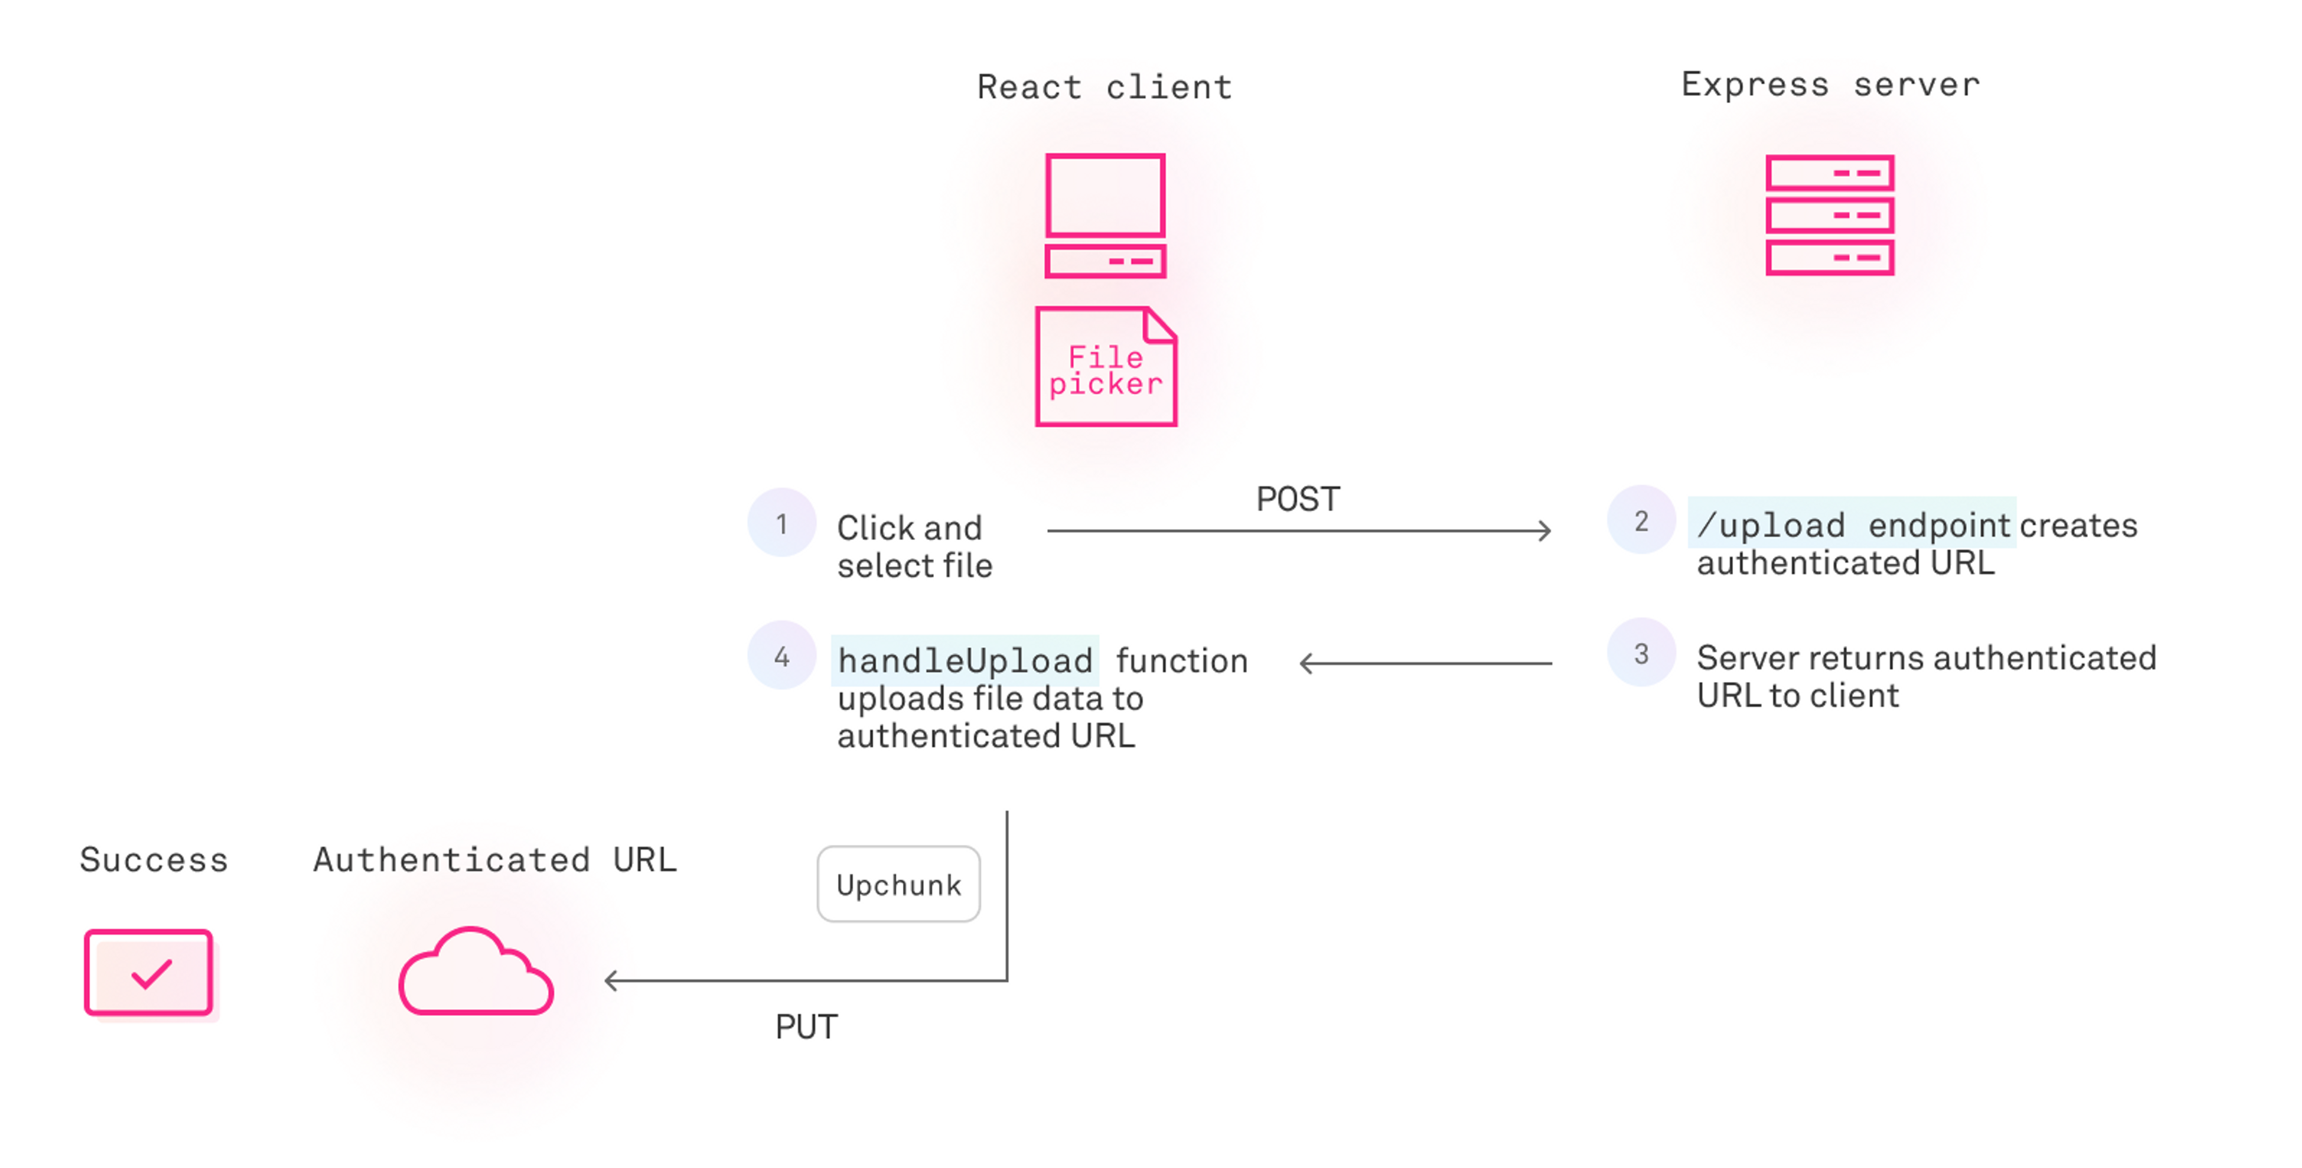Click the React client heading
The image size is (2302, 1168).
[1104, 87]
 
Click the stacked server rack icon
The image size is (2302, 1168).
[1829, 215]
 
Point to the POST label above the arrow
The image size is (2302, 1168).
[1297, 499]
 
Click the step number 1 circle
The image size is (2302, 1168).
[782, 524]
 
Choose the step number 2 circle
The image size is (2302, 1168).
[1641, 521]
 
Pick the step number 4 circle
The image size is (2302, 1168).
[782, 657]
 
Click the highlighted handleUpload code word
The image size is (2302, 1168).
[965, 661]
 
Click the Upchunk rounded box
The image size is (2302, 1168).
[898, 885]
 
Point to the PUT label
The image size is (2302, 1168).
[806, 1027]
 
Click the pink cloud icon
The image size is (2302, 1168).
[477, 974]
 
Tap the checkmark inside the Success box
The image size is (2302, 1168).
[151, 973]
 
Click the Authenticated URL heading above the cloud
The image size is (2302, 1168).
[494, 860]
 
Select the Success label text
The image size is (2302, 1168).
[153, 860]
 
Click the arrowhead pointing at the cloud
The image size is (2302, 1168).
[611, 981]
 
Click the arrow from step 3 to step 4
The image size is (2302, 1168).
[1426, 663]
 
